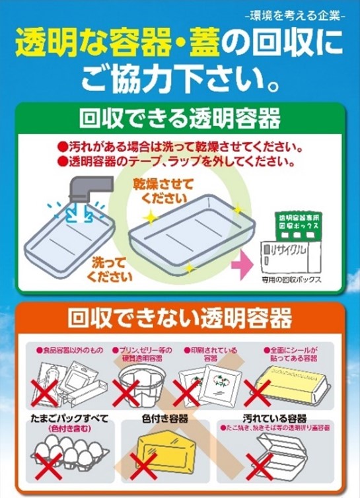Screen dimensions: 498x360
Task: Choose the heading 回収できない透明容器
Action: point(180,319)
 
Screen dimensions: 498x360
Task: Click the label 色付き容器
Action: point(165,419)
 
